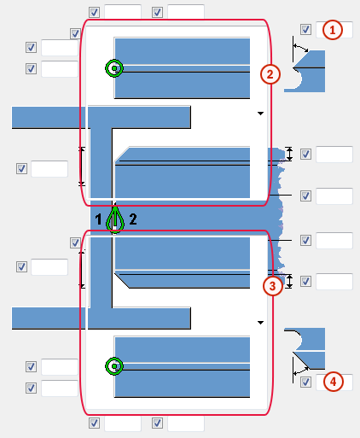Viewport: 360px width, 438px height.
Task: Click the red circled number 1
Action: pos(332,30)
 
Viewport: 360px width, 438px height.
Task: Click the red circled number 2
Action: pos(270,74)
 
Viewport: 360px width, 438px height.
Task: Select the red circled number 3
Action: pos(273,286)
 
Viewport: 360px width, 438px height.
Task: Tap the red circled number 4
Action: pos(333,382)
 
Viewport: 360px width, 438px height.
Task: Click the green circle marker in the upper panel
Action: pos(114,68)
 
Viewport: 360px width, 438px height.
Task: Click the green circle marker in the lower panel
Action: pos(114,366)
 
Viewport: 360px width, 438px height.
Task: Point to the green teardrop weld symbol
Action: pos(115,219)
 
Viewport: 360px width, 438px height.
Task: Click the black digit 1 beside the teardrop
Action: pos(98,219)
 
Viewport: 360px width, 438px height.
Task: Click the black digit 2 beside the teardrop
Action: pos(133,219)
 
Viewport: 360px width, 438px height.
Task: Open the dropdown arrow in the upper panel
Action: pos(260,114)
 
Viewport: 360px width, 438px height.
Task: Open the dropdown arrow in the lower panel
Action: pos(260,323)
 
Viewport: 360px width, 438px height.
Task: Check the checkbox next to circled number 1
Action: pos(305,29)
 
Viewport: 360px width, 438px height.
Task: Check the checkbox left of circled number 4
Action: pos(305,382)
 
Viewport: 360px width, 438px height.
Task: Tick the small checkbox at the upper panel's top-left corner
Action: pos(75,34)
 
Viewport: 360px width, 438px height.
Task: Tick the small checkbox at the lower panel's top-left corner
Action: pos(75,243)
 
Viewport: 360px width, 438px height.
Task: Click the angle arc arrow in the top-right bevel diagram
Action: pos(301,47)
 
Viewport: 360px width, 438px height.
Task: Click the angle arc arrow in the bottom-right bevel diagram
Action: pos(301,371)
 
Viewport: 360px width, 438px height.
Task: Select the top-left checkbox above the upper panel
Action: pos(94,12)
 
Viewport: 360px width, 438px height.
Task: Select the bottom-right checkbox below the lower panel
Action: pos(157,423)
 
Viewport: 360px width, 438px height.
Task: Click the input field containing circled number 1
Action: pos(334,30)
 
